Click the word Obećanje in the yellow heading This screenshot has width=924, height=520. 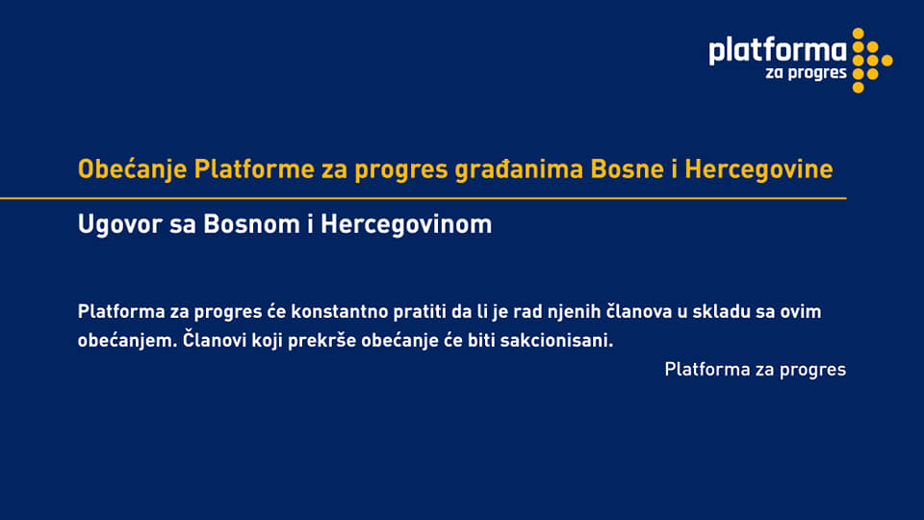132,169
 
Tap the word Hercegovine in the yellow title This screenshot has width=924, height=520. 758,169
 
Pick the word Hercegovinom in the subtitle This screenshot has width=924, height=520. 406,224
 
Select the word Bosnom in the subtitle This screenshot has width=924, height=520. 251,224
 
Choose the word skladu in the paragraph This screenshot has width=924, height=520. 721,311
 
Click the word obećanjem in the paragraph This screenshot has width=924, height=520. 127,341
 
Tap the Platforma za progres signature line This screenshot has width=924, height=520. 755,370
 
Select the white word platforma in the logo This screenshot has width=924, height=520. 778,51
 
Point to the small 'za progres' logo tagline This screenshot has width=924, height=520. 806,74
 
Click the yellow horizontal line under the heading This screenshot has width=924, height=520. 423,198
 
